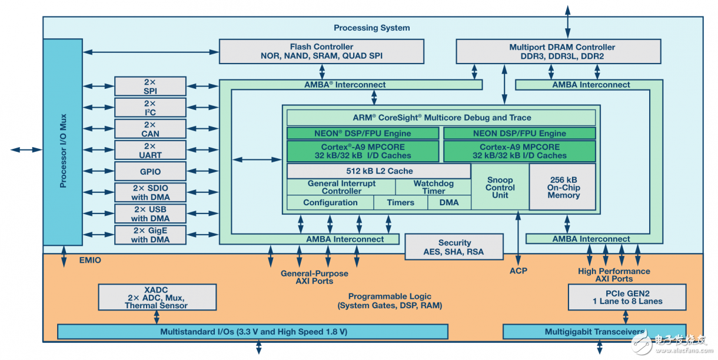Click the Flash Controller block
click(x=321, y=51)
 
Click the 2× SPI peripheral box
click(x=150, y=86)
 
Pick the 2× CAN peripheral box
click(x=150, y=129)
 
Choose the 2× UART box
click(x=150, y=150)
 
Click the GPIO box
click(x=150, y=172)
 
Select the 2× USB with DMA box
click(x=150, y=214)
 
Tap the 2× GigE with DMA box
click(x=150, y=235)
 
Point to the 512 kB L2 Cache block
click(x=379, y=171)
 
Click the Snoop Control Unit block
click(x=500, y=188)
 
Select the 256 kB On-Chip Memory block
click(x=563, y=187)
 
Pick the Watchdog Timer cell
click(x=433, y=187)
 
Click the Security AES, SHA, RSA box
click(x=454, y=247)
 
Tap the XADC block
click(x=156, y=297)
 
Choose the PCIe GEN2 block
click(x=627, y=297)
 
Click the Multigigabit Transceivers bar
click(x=594, y=332)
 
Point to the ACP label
click(x=518, y=271)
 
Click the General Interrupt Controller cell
click(x=341, y=187)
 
